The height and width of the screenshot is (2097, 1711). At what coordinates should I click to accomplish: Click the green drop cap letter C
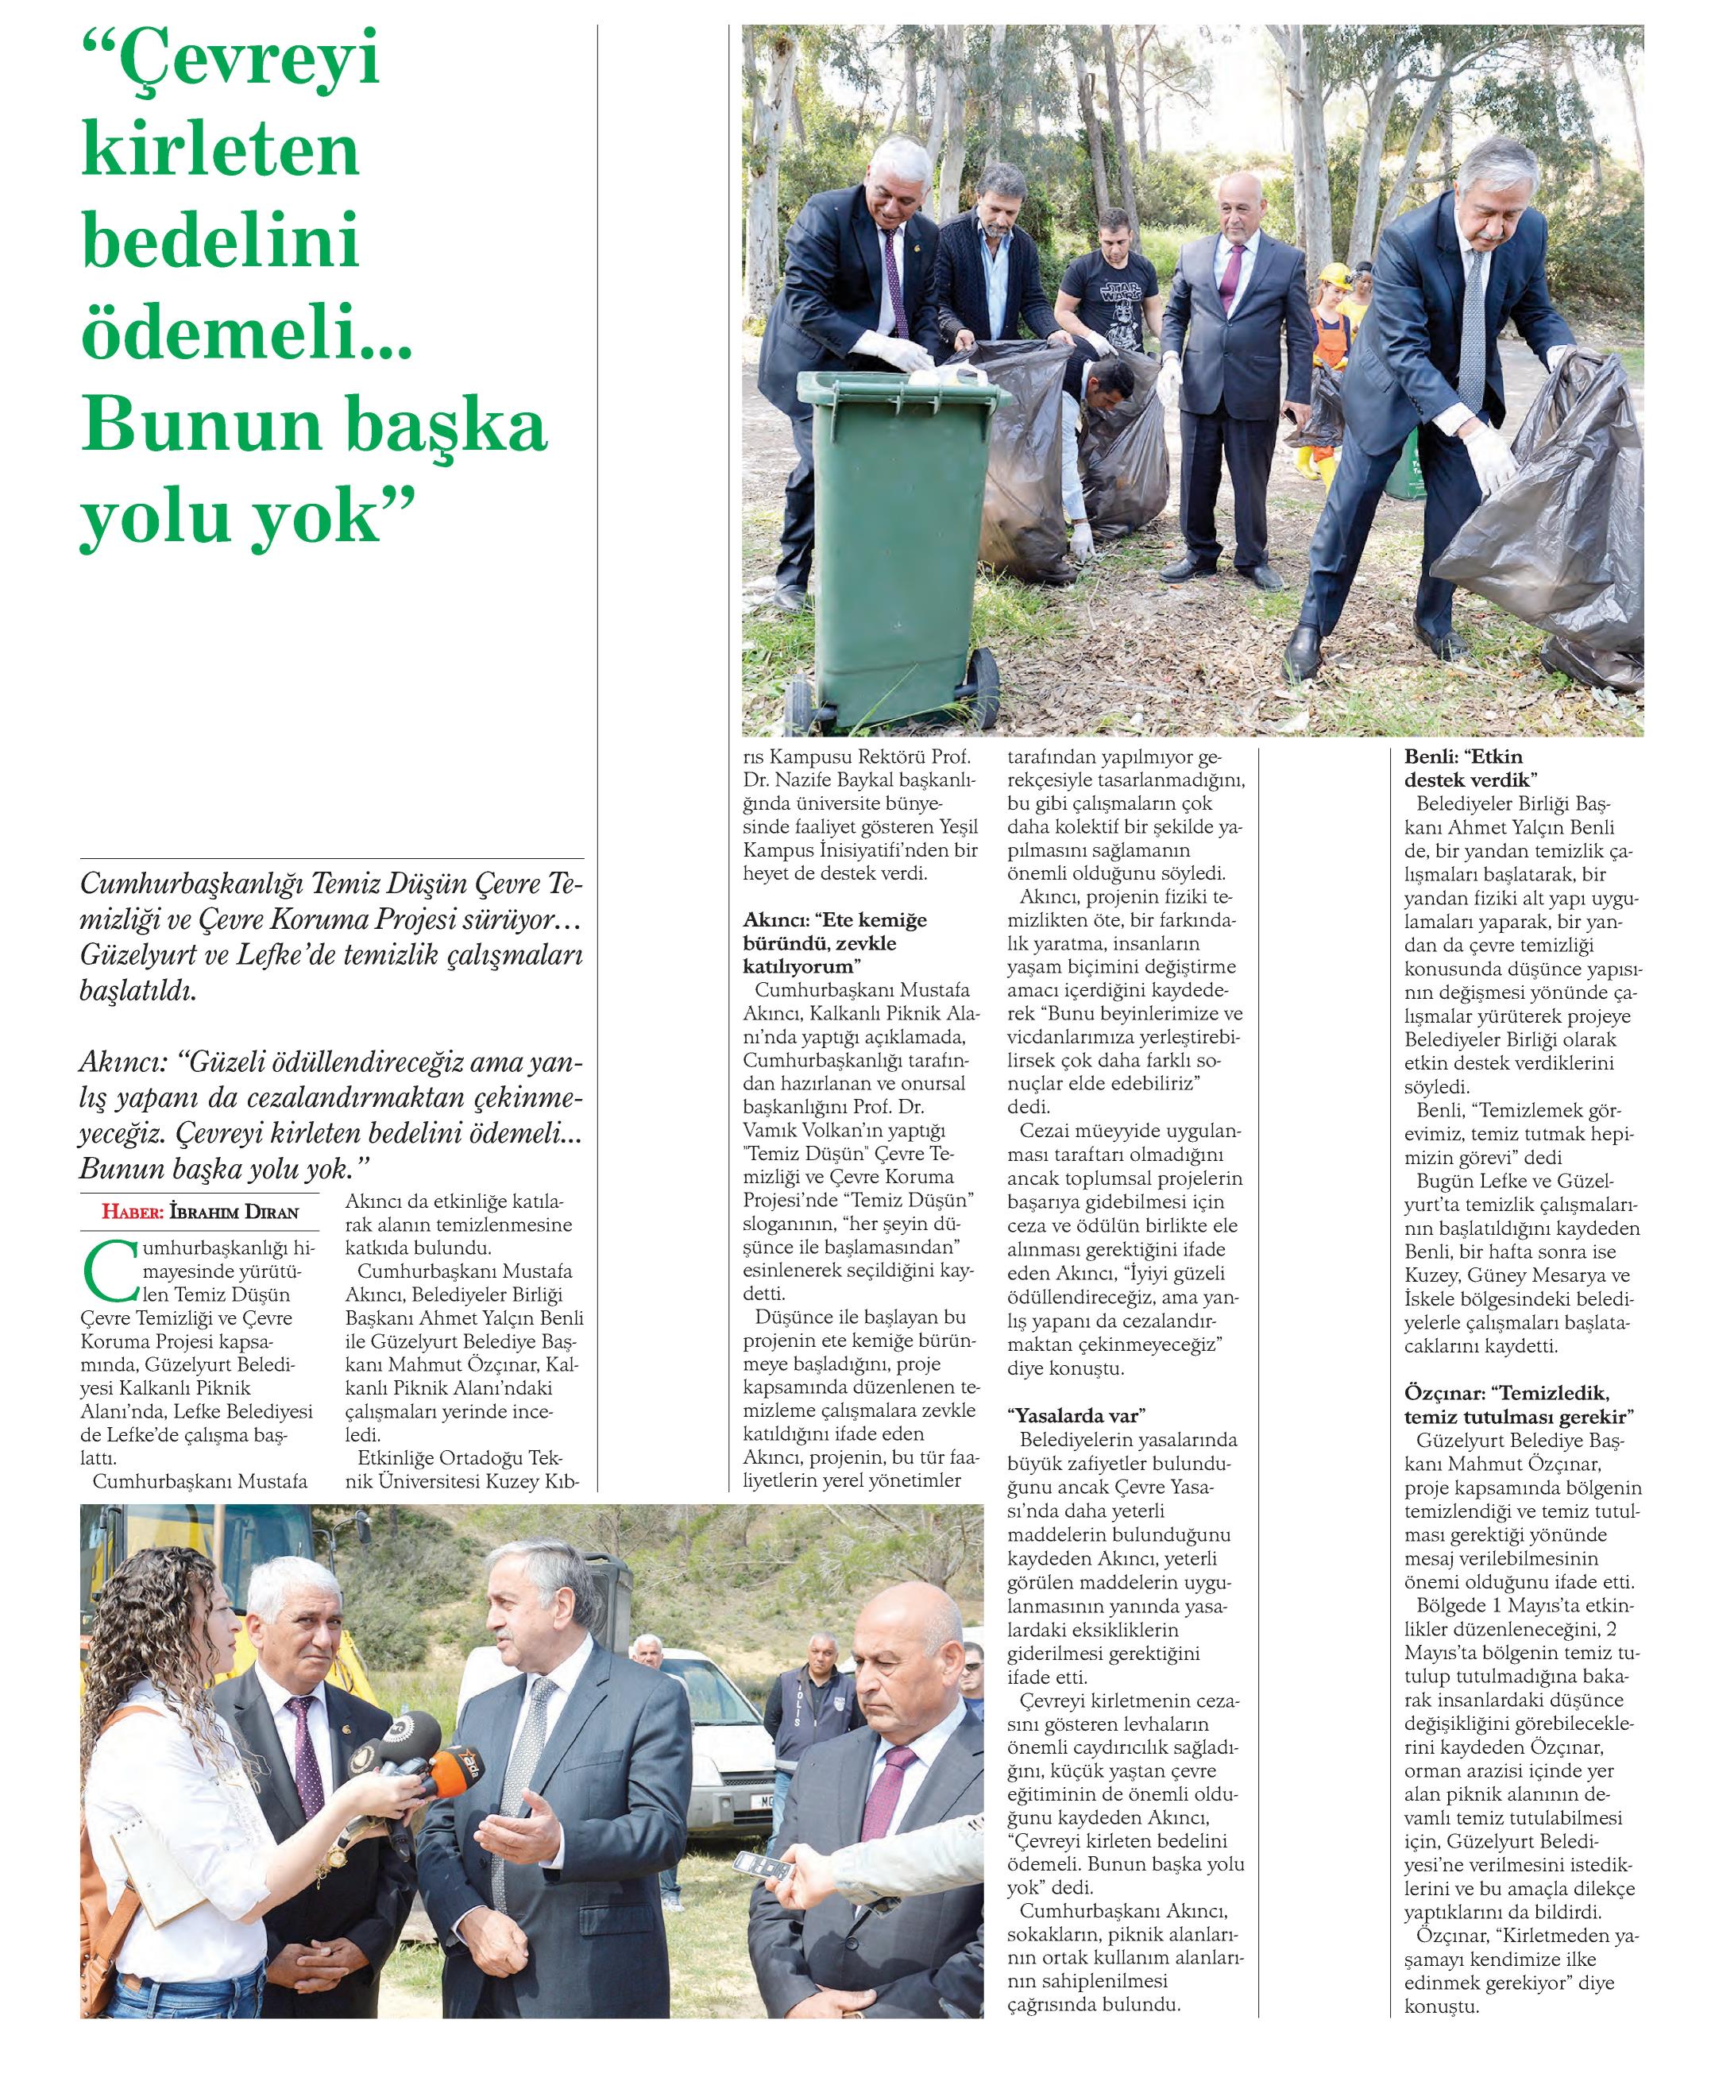(106, 1271)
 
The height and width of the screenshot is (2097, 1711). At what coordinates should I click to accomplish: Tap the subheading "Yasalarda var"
(1076, 1416)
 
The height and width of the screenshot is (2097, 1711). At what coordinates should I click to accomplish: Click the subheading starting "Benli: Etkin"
(1470, 768)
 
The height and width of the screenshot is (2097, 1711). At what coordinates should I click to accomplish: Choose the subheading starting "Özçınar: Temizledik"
(1518, 1404)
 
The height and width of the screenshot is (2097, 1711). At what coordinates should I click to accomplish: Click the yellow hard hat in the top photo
(1337, 275)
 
